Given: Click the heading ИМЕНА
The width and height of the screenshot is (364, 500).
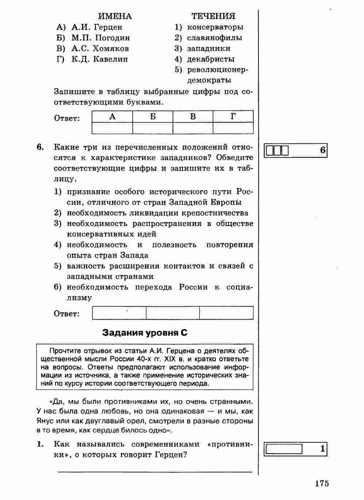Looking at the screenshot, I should click(115, 16).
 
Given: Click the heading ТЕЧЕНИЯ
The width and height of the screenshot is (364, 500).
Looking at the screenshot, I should click(213, 16).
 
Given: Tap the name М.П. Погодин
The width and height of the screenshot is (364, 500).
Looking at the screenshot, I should click(100, 38).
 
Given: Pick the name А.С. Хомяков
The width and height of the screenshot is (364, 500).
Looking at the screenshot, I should click(100, 49).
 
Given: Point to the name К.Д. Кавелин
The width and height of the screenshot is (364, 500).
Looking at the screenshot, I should click(100, 59).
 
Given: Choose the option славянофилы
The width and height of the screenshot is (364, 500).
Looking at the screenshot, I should click(214, 38).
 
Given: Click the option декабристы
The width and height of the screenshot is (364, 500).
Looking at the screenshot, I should click(211, 59).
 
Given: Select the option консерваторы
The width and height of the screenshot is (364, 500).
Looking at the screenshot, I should click(215, 27).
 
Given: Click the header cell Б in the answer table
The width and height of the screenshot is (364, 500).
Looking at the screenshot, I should click(153, 117).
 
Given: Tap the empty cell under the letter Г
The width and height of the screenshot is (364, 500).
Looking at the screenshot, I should click(233, 128).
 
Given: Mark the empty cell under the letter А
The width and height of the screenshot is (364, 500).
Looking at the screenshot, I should click(112, 128).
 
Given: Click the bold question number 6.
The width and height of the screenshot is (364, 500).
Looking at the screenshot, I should click(40, 147).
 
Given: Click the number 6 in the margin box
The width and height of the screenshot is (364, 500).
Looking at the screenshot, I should click(322, 150).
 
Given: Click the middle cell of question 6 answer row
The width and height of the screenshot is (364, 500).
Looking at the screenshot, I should click(173, 313).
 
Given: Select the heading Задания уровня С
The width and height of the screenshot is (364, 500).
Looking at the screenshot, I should click(145, 332).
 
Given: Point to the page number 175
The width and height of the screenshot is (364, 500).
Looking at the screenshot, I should click(322, 483).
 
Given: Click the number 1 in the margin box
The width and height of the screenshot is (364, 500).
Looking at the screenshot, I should click(322, 449).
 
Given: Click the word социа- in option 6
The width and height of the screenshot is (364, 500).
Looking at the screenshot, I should click(240, 287).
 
